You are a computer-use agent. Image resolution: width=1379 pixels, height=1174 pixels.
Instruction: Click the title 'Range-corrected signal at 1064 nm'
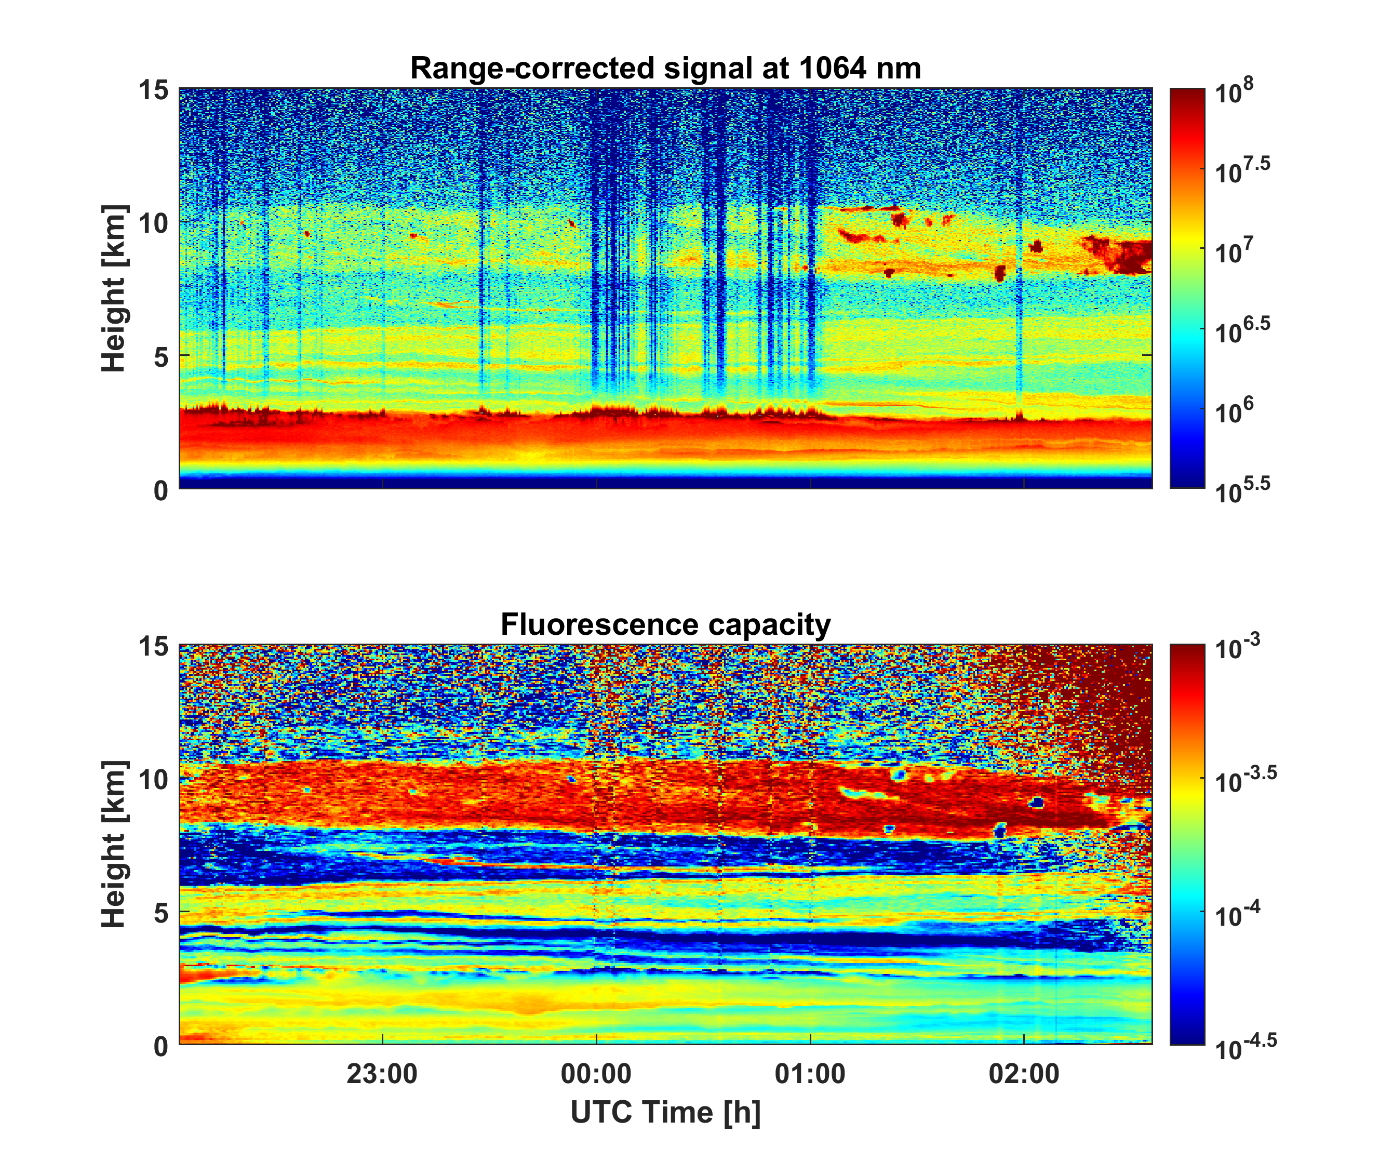[x=665, y=69]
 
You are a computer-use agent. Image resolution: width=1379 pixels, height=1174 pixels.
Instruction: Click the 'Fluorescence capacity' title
[x=665, y=625]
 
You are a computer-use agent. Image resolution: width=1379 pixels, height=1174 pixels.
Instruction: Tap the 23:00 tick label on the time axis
[x=382, y=1074]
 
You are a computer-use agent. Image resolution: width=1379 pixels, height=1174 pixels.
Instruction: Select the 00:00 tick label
[x=596, y=1074]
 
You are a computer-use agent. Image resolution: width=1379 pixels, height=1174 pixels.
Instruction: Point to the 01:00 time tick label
[x=810, y=1074]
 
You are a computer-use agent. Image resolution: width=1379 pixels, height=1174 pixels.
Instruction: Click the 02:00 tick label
[x=1024, y=1074]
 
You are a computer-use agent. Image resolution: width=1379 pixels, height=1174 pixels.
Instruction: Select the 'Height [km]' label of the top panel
[x=114, y=288]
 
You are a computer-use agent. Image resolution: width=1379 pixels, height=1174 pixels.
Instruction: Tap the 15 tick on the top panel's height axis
[x=154, y=89]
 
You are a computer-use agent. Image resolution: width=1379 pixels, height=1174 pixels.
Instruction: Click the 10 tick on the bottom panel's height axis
[x=154, y=779]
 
